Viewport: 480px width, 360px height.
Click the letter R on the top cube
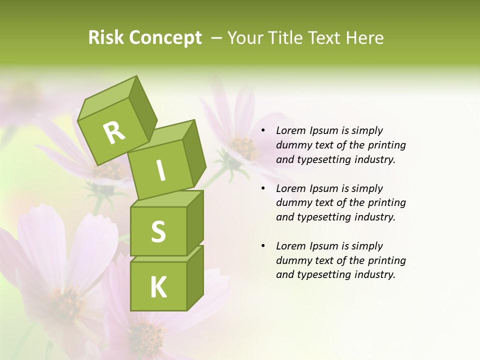[114, 133]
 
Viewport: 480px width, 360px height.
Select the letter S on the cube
[158, 231]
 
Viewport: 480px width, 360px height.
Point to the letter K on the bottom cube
[158, 287]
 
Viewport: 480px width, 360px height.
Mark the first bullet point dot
[263, 131]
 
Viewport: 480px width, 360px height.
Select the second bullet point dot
[263, 189]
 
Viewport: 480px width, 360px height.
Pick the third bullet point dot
[263, 246]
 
